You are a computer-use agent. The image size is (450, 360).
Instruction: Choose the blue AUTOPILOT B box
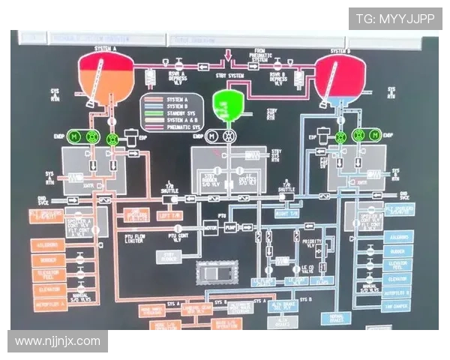pyautogui.click(x=397, y=292)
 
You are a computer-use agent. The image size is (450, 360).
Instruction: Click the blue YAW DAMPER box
pyautogui.click(x=397, y=307)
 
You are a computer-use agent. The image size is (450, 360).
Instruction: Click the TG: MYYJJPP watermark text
pyautogui.click(x=394, y=19)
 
